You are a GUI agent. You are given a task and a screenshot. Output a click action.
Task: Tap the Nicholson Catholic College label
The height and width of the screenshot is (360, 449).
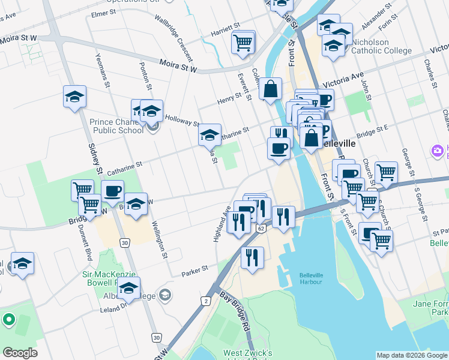tap(379, 47)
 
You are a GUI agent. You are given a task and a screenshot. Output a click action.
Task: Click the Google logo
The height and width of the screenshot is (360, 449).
tap(20, 352)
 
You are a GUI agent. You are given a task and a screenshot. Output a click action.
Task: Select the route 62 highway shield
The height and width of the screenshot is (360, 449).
tap(261, 229)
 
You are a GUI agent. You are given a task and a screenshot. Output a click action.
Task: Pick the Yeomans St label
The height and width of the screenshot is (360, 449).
tap(102, 70)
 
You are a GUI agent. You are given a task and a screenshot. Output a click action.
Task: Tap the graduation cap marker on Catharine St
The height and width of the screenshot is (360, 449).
tap(209, 136)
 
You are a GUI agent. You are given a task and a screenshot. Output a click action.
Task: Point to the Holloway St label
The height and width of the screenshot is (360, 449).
tap(182, 121)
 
